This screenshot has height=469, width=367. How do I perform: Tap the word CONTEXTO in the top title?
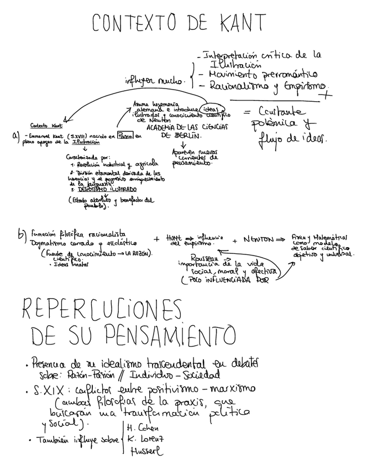[x=132, y=23]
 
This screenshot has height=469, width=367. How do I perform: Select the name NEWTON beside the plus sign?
[x=257, y=240]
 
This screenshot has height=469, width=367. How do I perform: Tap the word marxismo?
[x=233, y=391]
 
